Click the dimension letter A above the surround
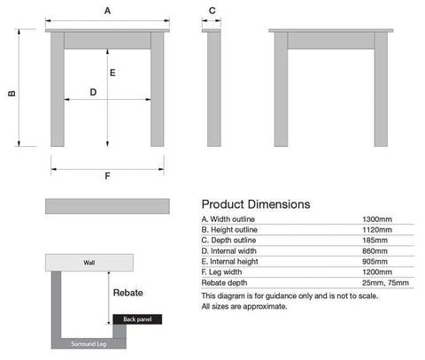(x=107, y=11)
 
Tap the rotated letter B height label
(x=12, y=93)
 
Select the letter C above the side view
(x=212, y=11)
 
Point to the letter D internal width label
(x=93, y=92)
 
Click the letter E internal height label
(x=112, y=73)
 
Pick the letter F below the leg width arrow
(x=107, y=176)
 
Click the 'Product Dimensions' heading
(x=256, y=204)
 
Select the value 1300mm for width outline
(x=377, y=219)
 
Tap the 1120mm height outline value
(x=377, y=230)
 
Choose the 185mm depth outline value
(x=375, y=241)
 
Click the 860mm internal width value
(x=375, y=251)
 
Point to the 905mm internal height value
(x=375, y=262)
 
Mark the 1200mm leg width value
(x=377, y=272)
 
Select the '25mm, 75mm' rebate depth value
(x=385, y=283)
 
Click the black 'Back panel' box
(x=137, y=319)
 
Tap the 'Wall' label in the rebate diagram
(x=89, y=263)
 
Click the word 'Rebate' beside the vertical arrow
(x=128, y=293)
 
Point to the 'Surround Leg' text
(x=89, y=344)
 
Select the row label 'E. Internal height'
(x=229, y=262)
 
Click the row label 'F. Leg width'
(x=221, y=272)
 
